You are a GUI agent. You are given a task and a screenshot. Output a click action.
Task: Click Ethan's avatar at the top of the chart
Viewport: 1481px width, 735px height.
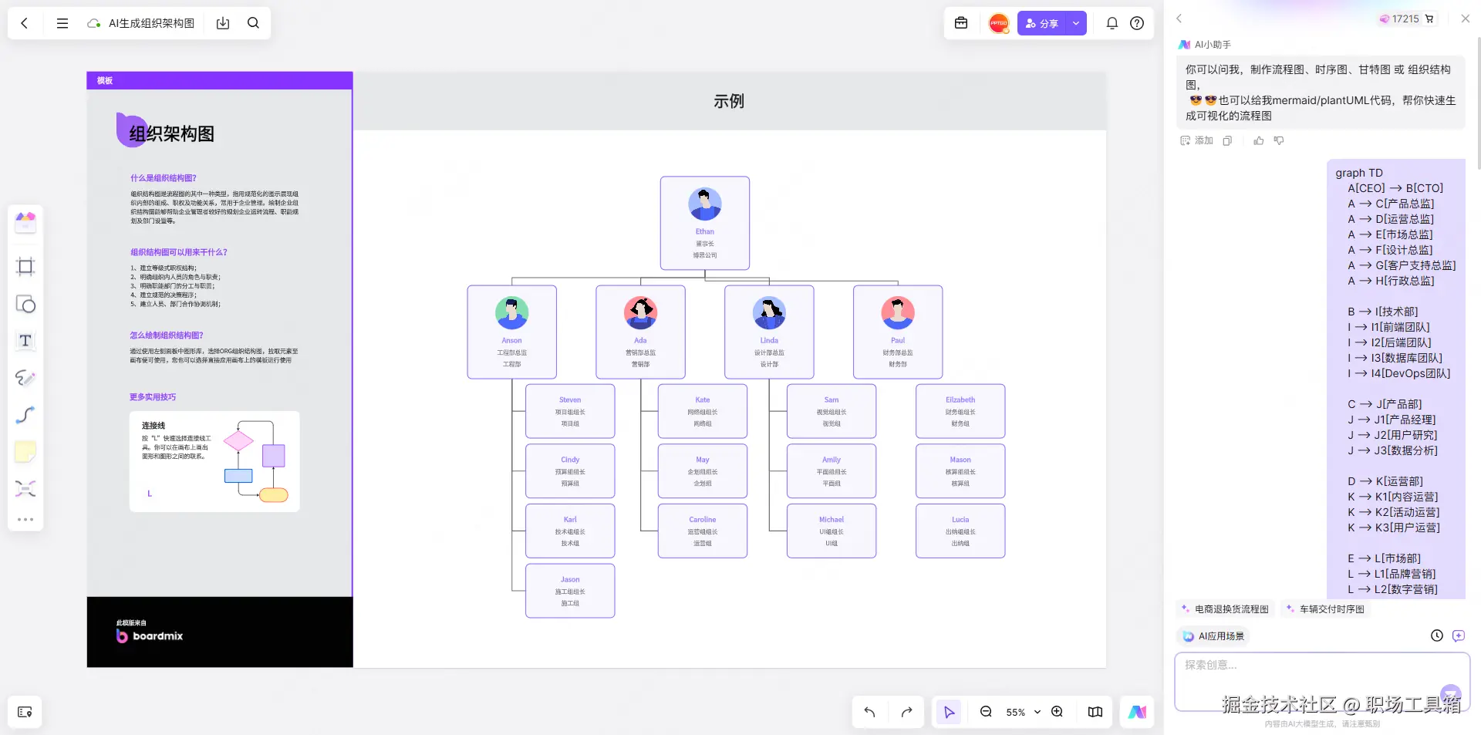pyautogui.click(x=704, y=204)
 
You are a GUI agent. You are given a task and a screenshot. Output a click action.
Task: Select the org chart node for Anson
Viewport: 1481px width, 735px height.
pyautogui.click(x=511, y=332)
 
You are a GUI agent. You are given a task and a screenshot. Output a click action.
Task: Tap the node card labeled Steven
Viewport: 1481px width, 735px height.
pyautogui.click(x=570, y=411)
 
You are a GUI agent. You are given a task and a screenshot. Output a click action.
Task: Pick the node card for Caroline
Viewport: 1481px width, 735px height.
pyautogui.click(x=702, y=531)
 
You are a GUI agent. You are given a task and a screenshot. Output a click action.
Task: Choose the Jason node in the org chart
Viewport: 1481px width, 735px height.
pyautogui.click(x=570, y=591)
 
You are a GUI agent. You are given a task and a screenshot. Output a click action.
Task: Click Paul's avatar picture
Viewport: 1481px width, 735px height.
pyautogui.click(x=897, y=312)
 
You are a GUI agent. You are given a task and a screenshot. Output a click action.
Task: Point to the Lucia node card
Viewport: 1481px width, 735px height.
pyautogui.click(x=960, y=531)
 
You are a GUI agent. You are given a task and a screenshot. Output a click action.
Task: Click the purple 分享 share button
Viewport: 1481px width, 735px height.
pyautogui.click(x=1042, y=23)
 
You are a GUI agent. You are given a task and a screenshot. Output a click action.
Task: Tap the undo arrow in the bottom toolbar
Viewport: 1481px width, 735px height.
pyautogui.click(x=869, y=712)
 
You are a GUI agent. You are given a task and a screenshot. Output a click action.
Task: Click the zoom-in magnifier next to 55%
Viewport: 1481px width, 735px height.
pyautogui.click(x=1057, y=712)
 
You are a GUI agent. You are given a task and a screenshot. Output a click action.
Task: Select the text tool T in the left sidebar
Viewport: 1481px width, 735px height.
pyautogui.click(x=25, y=341)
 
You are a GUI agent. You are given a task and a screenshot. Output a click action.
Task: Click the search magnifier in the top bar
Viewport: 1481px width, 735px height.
pyautogui.click(x=253, y=23)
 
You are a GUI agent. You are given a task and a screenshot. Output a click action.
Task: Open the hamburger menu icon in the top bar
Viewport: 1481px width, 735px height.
pyautogui.click(x=62, y=23)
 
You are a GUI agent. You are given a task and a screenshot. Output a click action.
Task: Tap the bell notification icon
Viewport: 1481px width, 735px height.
pyautogui.click(x=1112, y=23)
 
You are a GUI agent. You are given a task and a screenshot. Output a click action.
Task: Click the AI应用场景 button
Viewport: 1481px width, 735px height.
pyautogui.click(x=1214, y=636)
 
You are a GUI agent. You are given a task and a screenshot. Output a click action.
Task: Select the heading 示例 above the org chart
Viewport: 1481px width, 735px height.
pyautogui.click(x=729, y=101)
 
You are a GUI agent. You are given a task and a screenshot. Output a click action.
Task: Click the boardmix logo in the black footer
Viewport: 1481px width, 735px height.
pyautogui.click(x=150, y=636)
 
